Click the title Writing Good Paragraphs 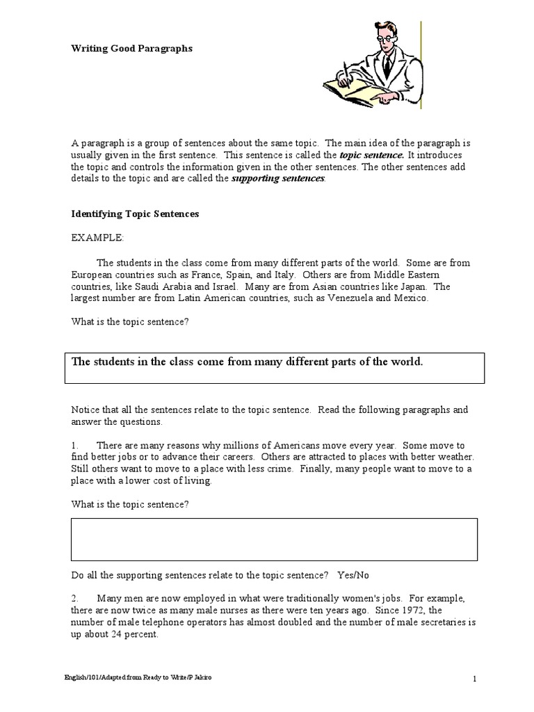(x=132, y=49)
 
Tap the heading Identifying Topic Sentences (x=135, y=214)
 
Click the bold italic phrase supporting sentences (x=277, y=179)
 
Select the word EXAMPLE (x=97, y=238)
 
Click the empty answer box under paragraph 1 (x=273, y=540)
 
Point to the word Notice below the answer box (x=86, y=410)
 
